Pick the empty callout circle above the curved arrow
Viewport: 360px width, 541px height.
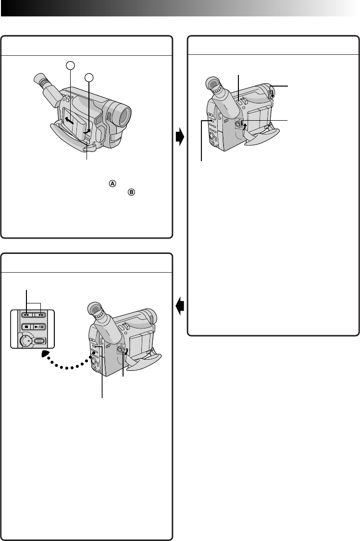pyautogui.click(x=88, y=77)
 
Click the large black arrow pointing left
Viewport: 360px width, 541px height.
pyautogui.click(x=180, y=305)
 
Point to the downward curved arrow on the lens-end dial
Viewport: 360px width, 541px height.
pyautogui.click(x=272, y=92)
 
